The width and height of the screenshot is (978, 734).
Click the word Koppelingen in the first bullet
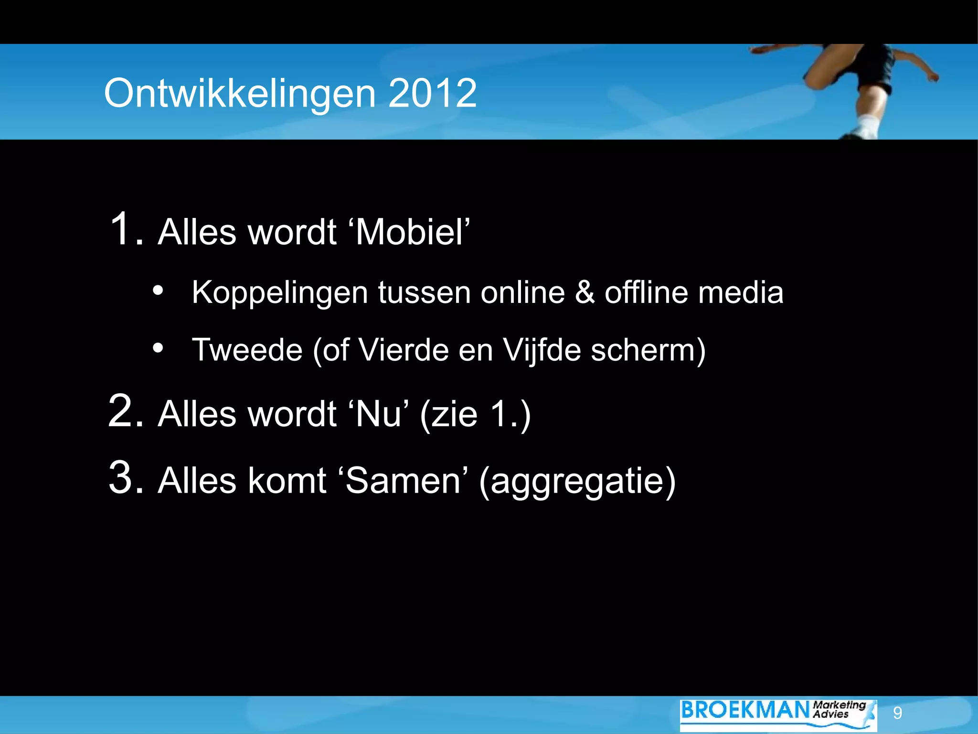click(280, 292)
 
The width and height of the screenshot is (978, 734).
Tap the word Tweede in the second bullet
click(247, 350)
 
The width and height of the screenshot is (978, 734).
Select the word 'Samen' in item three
click(403, 481)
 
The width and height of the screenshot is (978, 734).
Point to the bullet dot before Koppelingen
click(158, 291)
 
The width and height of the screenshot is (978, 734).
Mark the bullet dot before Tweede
click(158, 348)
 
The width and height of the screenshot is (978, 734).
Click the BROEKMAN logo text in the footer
click(745, 710)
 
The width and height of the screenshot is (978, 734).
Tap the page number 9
click(897, 713)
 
